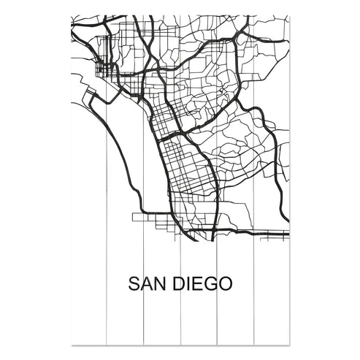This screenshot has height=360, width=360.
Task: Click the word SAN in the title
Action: point(148,283)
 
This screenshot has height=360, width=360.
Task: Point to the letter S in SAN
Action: point(134,283)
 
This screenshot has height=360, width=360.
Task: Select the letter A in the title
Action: point(147,283)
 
